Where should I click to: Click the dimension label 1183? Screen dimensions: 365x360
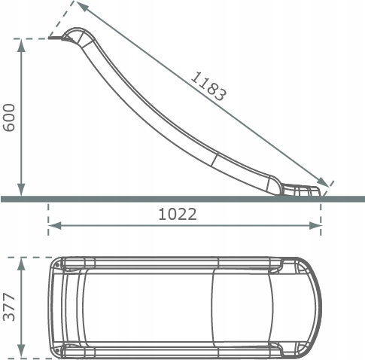tap(208, 87)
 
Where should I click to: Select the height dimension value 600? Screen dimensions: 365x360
tap(9, 117)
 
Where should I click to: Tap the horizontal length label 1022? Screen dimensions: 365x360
tap(178, 215)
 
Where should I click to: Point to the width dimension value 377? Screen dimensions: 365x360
tap(9, 307)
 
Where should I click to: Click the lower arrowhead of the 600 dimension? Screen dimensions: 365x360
tap(21, 190)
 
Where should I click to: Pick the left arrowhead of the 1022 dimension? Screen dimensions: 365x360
tap(55, 225)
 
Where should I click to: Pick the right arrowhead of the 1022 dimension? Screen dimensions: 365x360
tap(315, 225)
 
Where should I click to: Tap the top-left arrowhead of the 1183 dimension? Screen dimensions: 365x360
tap(82, 6)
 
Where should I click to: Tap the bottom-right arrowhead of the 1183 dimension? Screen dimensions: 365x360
tap(323, 182)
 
